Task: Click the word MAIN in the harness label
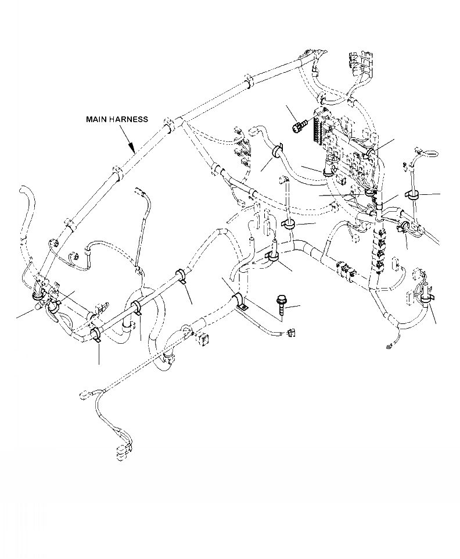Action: (x=97, y=119)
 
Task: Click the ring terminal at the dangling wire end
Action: (x=387, y=348)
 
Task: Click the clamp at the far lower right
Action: (x=426, y=297)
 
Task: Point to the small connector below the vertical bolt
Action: (x=290, y=332)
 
